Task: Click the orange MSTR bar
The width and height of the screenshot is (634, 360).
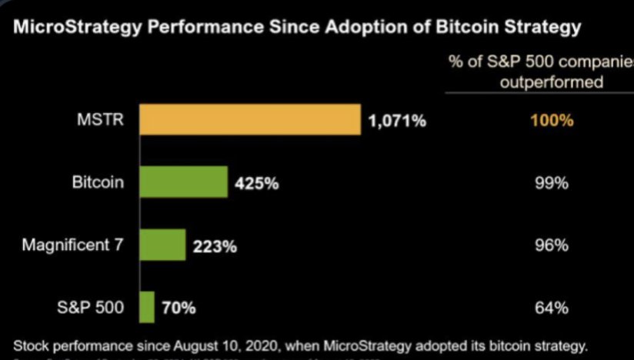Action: (x=250, y=120)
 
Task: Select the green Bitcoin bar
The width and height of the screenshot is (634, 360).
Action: (x=183, y=183)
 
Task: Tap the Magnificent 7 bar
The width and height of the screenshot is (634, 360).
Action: (x=162, y=245)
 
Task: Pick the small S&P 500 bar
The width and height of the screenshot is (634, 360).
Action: (x=146, y=308)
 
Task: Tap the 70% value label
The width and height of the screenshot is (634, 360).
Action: (x=179, y=308)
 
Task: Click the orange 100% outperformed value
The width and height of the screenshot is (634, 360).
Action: (x=551, y=121)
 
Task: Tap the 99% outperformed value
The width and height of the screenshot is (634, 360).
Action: (x=551, y=184)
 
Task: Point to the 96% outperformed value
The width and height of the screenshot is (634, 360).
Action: (x=551, y=246)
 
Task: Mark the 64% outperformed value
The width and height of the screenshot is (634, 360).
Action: (x=551, y=308)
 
